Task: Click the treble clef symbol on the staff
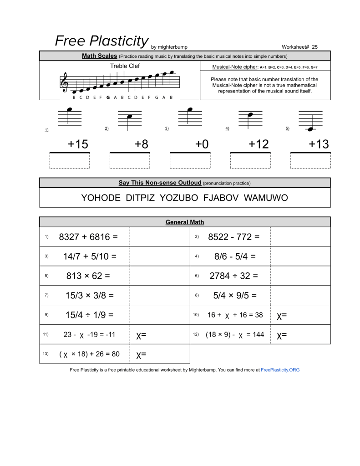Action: [65, 83]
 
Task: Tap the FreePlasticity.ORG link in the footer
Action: [280, 370]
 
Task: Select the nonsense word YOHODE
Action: [101, 198]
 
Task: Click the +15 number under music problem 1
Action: [78, 144]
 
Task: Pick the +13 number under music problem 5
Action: [319, 144]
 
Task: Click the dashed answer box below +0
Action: [190, 161]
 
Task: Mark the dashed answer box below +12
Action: [250, 161]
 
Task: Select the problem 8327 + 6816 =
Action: [88, 237]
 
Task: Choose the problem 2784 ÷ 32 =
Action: [233, 276]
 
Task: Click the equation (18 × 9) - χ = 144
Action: [234, 334]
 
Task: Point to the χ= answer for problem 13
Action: [141, 354]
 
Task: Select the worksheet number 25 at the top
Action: [315, 47]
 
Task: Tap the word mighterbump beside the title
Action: [172, 47]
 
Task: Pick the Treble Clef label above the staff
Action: [125, 66]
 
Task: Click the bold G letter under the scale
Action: [108, 97]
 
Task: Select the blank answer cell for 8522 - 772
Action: [300, 237]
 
